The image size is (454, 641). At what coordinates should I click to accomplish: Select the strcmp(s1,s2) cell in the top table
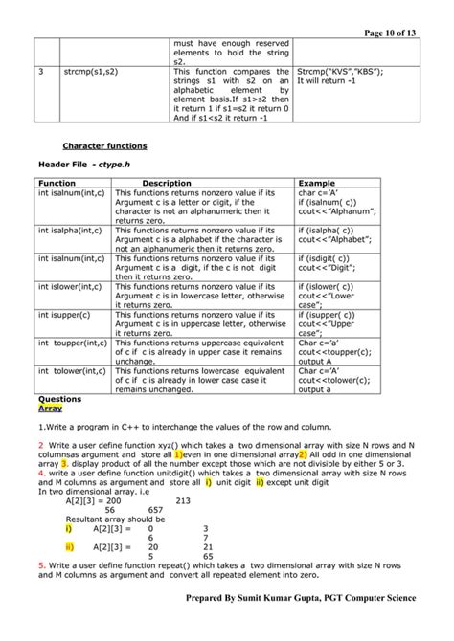[93, 72]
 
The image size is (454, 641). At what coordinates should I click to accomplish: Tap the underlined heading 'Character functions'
[104, 146]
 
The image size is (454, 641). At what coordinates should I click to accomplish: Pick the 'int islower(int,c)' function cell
[72, 285]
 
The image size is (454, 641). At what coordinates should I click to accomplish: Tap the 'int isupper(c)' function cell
[65, 313]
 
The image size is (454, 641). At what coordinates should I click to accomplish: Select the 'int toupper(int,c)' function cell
[73, 341]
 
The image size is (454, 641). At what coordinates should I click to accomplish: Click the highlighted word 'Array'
[50, 408]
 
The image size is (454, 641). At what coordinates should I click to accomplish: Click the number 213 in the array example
[184, 499]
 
